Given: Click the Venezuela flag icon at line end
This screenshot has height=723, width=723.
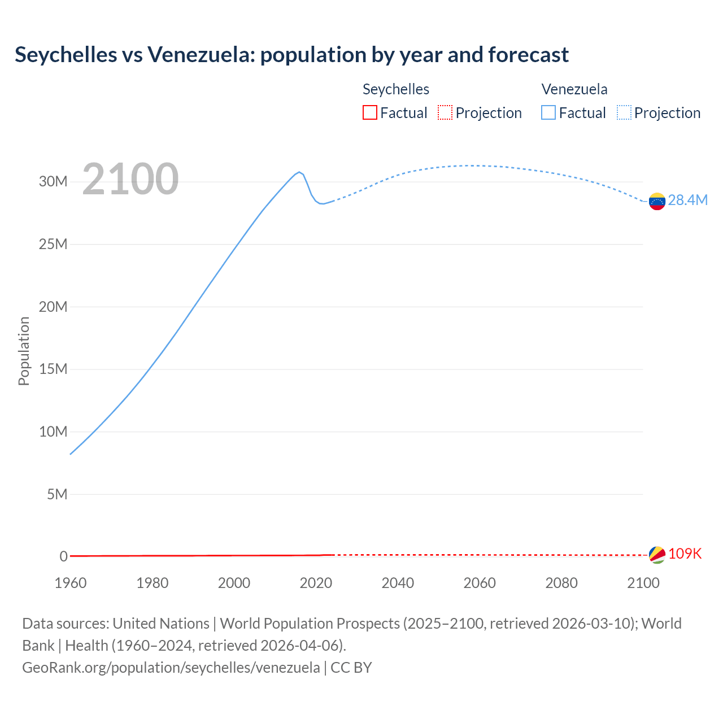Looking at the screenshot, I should point(657,201).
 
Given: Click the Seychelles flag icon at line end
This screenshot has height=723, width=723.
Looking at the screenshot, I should point(657,555).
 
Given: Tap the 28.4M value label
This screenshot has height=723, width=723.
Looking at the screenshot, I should point(687,201).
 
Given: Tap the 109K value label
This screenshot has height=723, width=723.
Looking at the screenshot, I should point(685,554).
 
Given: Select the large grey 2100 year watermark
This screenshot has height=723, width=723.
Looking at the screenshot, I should point(130,179).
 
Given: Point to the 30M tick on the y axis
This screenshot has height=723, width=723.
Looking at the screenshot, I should point(53,182).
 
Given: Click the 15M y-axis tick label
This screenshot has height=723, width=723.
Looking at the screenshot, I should point(53,369).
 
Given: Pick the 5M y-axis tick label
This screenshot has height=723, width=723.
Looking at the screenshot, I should point(56,495).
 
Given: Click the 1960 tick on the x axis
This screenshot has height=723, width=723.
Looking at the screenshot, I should point(71,583).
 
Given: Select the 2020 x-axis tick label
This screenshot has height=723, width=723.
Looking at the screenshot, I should point(316,583).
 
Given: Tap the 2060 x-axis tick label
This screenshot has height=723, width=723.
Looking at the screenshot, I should point(480,583).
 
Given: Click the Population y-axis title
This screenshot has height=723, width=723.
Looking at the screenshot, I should point(24,351).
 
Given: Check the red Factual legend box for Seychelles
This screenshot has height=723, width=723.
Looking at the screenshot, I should point(369,113).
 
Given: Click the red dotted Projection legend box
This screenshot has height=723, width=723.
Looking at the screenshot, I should point(445,113).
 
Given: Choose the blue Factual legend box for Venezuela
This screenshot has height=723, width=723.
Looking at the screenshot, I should point(548,113).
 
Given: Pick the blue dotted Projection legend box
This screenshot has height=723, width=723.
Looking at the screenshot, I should point(624,113).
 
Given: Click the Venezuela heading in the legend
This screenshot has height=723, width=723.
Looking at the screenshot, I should point(574,89).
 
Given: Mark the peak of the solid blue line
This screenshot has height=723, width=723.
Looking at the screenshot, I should point(299,172).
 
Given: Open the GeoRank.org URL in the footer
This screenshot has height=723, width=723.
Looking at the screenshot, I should point(171,668).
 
